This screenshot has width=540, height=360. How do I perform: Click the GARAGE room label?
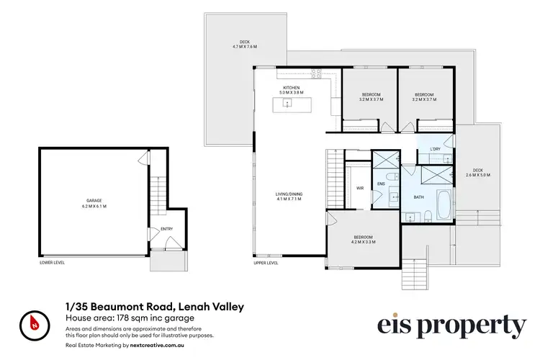pos(86,201)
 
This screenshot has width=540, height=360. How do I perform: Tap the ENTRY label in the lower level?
pos(167,230)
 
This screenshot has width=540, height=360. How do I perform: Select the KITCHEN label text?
pos(292,87)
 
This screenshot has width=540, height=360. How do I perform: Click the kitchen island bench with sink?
pos(288,104)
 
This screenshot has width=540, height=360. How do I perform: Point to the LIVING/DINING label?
pos(288,194)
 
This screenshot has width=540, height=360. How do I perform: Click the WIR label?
pos(359,189)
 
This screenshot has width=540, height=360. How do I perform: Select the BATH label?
pos(417,197)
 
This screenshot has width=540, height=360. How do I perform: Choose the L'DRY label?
pos(435,149)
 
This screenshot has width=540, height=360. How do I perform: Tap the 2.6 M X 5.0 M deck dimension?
pos(477,174)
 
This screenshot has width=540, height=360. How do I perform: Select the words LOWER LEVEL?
pos(52,263)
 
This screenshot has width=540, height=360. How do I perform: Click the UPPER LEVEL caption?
pos(266,263)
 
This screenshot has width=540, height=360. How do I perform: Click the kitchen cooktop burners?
pos(315,72)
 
